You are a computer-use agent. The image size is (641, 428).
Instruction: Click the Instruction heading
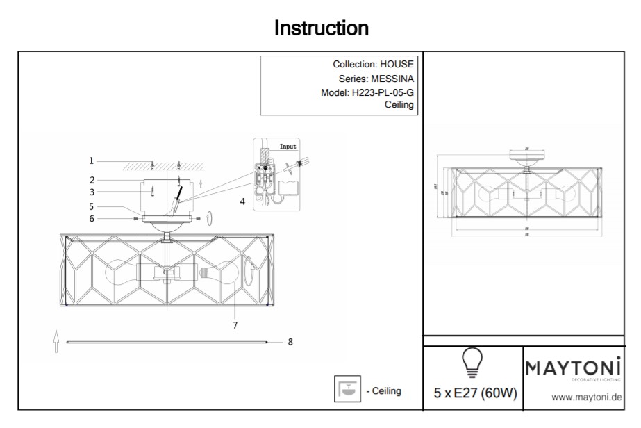321,28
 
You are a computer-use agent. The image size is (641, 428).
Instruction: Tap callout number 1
91,160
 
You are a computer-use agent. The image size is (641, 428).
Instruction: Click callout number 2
91,179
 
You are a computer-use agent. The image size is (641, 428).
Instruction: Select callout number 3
91,192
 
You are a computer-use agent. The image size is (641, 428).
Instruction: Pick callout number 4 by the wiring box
242,201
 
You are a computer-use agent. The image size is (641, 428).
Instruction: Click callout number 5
91,206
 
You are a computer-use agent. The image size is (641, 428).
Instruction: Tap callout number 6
91,219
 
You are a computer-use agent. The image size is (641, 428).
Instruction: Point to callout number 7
235,324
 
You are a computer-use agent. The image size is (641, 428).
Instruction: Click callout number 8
290,342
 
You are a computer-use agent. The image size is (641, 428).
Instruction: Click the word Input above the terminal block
288,147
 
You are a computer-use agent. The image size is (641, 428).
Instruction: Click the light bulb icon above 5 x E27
473,362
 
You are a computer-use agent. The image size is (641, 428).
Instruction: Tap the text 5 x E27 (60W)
475,393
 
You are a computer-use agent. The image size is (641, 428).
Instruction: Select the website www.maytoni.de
585,397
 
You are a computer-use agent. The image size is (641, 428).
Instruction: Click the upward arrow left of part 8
56,343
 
